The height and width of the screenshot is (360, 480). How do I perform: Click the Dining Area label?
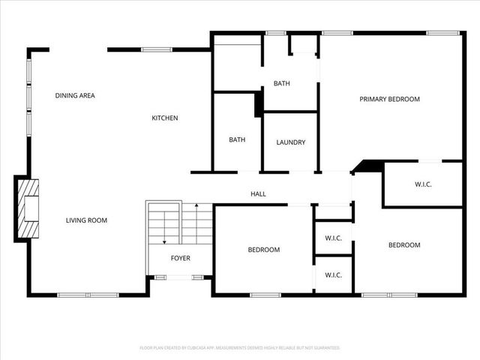75,95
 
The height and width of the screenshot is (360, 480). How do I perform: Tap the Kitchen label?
165,118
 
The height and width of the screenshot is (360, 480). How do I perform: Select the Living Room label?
86,220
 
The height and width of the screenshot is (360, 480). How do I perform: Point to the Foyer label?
181,258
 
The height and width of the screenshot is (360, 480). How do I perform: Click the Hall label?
258,194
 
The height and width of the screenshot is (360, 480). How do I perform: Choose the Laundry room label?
290,142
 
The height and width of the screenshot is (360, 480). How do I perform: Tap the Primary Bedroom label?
389,99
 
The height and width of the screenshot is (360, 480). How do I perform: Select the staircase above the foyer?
180,222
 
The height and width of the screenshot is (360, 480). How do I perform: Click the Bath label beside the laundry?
237,139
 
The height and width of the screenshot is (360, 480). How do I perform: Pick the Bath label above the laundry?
281,83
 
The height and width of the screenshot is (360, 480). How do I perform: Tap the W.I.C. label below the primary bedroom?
424,184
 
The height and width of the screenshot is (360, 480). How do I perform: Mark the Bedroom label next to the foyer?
264,250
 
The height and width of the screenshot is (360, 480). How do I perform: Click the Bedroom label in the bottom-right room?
403,244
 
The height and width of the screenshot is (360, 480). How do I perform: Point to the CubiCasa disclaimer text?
240,348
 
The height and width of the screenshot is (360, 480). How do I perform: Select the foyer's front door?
180,277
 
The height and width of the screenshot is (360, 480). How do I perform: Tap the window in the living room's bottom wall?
88,295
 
